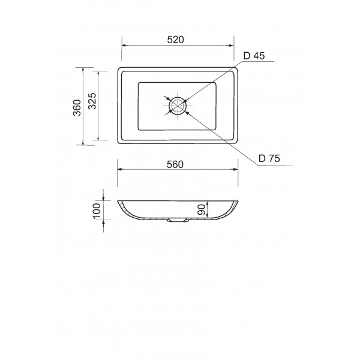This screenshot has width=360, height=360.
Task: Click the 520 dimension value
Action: click(176, 40)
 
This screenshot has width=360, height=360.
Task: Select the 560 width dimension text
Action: click(175, 164)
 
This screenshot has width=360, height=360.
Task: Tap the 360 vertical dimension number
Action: click(77, 107)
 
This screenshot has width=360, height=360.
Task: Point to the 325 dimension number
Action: click(92, 101)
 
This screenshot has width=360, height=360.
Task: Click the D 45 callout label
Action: click(254, 56)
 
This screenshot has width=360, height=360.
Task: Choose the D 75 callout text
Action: click(269, 158)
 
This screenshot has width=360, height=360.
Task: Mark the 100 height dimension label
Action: click(97, 211)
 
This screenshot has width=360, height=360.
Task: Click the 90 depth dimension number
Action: click(201, 209)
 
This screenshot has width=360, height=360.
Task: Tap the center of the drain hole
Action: click(178, 106)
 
